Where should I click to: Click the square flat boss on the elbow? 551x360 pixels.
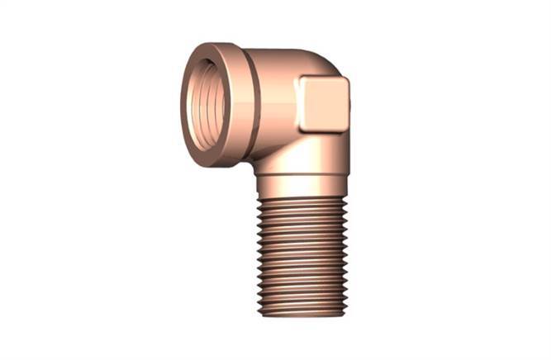pos(324,104)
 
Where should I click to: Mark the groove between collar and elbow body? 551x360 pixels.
pos(258,103)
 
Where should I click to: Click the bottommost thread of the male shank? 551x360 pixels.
pos(300,312)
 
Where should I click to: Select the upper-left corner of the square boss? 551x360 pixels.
pos(302,79)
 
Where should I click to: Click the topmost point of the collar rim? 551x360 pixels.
pos(213,43)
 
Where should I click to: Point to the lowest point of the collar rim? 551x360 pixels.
pos(216,166)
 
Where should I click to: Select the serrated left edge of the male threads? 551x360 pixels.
pos(258,256)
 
